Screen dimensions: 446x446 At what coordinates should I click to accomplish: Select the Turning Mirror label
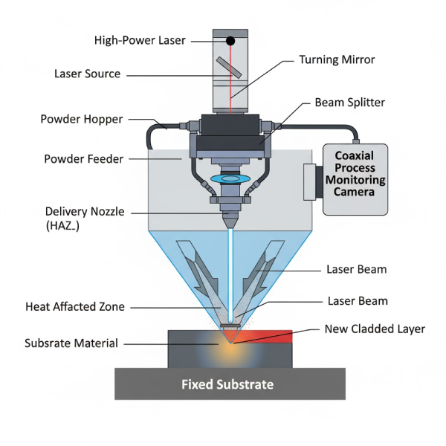[x=337, y=59]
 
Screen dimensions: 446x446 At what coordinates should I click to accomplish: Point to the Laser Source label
[x=87, y=74]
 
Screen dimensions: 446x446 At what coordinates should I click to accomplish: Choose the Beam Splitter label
[x=350, y=102]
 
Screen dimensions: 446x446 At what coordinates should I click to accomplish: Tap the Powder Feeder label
[x=83, y=158]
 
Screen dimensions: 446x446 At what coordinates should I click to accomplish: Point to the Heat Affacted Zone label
[x=75, y=306]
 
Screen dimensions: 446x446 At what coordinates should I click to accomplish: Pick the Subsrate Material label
[x=71, y=343]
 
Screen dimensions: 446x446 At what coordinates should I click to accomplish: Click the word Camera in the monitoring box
[x=361, y=192]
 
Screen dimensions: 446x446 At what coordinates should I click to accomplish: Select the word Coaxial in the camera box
[x=361, y=156]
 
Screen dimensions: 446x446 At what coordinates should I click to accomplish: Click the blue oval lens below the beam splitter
[x=230, y=179]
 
